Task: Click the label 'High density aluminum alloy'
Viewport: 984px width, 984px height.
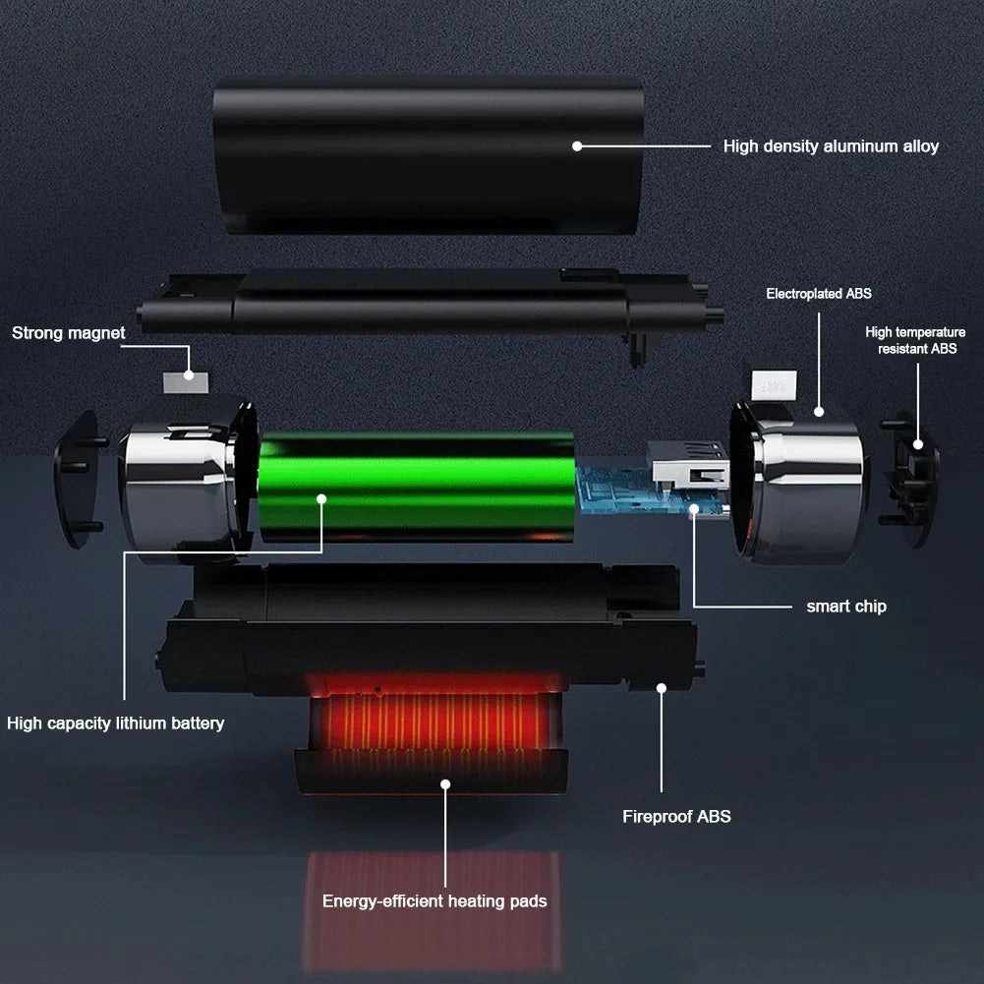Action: coord(831,146)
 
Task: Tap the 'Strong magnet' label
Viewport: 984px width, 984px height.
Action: coord(69,333)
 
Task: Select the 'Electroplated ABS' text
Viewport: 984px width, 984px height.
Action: coord(819,294)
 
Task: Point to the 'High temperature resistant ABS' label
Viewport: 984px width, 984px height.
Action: coord(915,340)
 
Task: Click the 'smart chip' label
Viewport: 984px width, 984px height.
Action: coord(846,607)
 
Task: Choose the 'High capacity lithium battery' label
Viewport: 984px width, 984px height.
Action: coord(116,724)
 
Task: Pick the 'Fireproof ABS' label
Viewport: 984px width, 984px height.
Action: coord(676,816)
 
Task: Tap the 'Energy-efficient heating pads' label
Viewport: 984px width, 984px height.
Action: coord(434,900)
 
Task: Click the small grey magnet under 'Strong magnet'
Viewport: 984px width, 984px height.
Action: coord(186,376)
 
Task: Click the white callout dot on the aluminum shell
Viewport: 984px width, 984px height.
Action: coord(578,146)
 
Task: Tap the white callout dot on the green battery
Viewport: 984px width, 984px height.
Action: coord(321,499)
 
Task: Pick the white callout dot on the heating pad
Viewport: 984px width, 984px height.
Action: coord(445,784)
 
